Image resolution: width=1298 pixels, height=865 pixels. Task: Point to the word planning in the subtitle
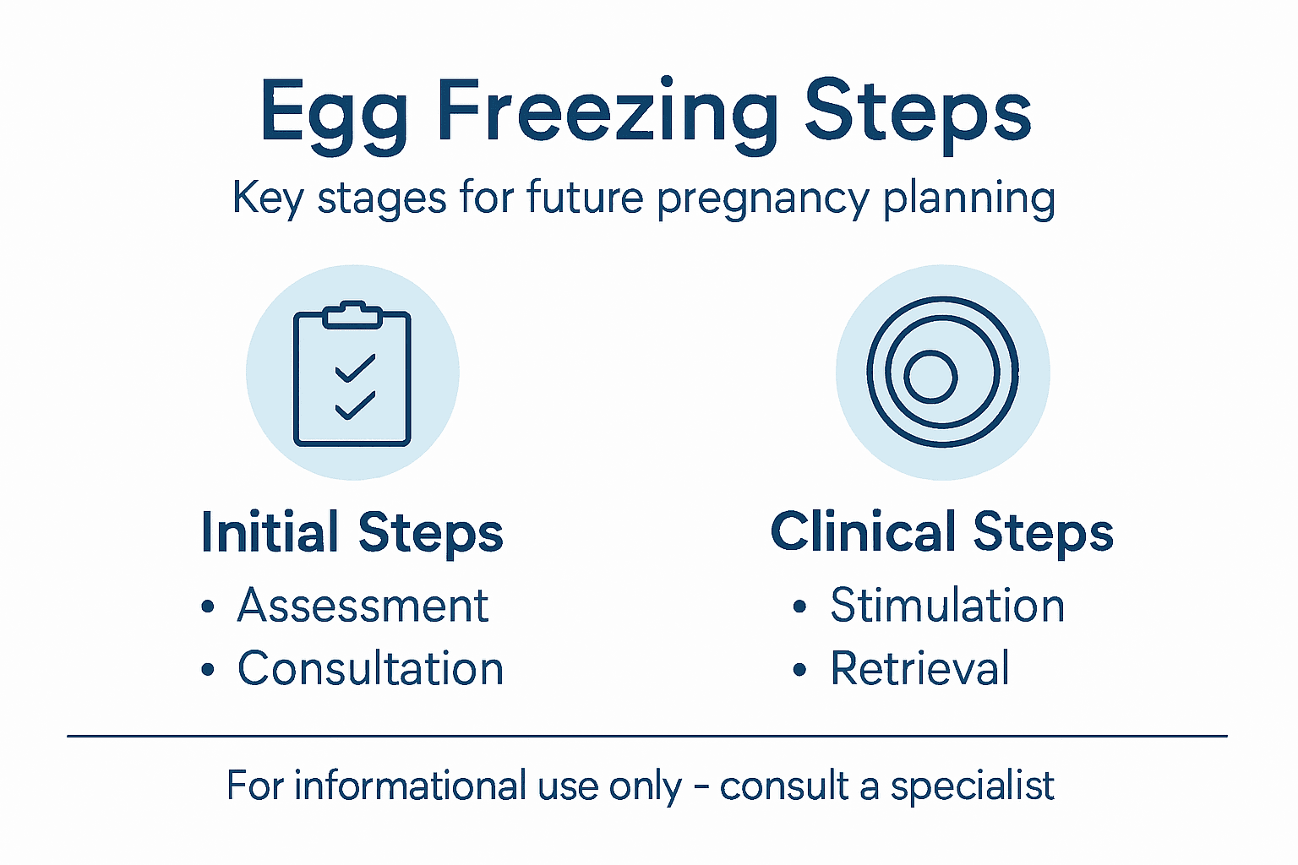click(969, 199)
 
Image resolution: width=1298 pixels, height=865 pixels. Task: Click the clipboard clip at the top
click(352, 314)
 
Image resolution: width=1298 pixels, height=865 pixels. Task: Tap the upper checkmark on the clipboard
click(355, 368)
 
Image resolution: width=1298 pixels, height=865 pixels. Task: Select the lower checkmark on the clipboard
click(355, 405)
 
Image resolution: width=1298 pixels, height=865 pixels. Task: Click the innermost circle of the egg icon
click(930, 376)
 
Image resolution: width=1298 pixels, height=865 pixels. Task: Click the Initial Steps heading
click(352, 533)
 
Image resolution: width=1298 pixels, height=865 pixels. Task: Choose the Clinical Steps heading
click(941, 533)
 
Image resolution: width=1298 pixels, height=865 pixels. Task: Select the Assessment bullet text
click(363, 606)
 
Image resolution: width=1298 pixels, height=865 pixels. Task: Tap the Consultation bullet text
click(370, 669)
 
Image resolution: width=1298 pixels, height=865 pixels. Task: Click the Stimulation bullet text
click(947, 606)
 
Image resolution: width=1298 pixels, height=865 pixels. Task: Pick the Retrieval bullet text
click(919, 669)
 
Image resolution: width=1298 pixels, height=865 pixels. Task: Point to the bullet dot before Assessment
click(208, 607)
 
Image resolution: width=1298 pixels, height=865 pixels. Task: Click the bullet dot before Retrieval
click(800, 671)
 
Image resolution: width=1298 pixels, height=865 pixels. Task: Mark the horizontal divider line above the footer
click(647, 736)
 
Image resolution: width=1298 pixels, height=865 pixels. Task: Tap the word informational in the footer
click(411, 786)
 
